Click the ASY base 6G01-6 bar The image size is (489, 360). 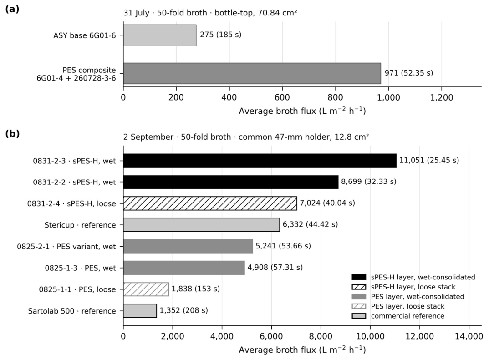click(160, 35)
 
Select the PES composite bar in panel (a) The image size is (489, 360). click(252, 74)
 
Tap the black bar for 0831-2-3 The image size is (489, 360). click(260, 161)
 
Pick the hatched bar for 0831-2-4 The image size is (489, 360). click(210, 203)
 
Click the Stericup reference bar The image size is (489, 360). click(201, 225)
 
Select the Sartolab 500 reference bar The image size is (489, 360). click(140, 311)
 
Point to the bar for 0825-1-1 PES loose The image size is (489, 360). click(146, 289)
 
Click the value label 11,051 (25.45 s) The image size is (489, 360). click(429, 161)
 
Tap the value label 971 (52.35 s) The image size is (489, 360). click(408, 73)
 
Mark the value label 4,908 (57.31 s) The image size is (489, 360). click(275, 268)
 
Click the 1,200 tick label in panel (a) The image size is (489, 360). click(442, 97)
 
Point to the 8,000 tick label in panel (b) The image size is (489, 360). click(321, 337)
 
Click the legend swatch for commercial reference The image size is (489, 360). click(359, 316)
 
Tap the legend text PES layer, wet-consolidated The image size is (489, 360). click(418, 297)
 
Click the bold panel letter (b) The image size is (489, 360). click(12, 134)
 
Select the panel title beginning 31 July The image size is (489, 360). click(210, 13)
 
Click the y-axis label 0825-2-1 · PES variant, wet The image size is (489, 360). click(66, 247)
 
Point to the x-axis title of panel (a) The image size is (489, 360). click(302, 111)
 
